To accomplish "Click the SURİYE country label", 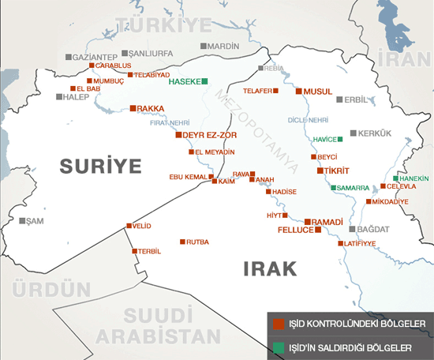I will [x=98, y=166].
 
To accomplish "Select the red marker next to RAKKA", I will [x=133, y=108].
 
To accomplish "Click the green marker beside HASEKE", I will [x=204, y=81].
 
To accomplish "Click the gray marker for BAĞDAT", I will [x=351, y=229].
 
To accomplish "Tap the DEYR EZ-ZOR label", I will [x=207, y=135].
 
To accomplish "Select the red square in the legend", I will [x=277, y=324].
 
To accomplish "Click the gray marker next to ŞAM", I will [x=23, y=220].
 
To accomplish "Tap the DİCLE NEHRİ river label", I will [x=307, y=120].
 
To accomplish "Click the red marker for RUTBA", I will [x=182, y=242].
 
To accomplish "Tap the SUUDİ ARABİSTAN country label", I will [x=158, y=325].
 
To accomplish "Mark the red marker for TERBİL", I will [x=133, y=251].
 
